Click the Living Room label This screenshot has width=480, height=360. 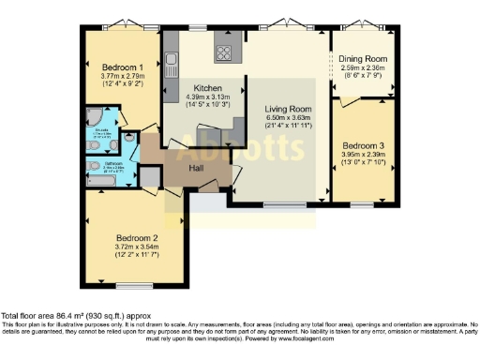click(x=283, y=108)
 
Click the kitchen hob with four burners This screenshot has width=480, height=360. click(x=226, y=51)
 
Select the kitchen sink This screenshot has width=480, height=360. click(x=172, y=65)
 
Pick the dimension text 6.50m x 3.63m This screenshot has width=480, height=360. click(x=283, y=117)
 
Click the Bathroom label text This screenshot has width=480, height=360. click(x=113, y=163)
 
